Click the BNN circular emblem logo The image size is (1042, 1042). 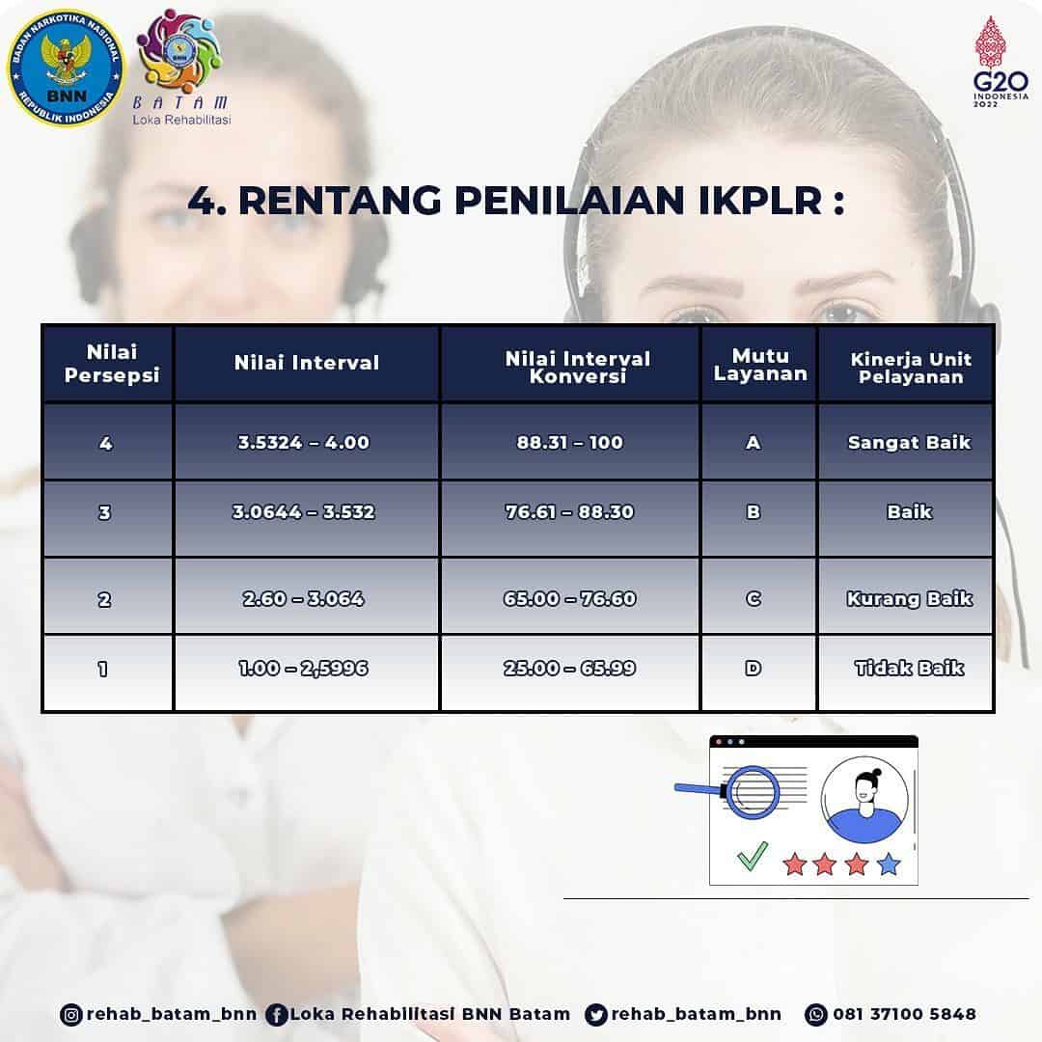click(x=66, y=68)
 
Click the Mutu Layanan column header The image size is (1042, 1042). click(x=759, y=364)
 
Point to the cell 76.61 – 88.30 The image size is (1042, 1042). click(x=570, y=511)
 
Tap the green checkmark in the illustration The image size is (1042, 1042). click(x=753, y=856)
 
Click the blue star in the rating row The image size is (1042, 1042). click(x=889, y=864)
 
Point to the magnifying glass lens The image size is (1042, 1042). click(x=752, y=791)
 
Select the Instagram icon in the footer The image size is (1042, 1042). click(x=71, y=1015)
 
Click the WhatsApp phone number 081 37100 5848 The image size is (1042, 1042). click(x=904, y=1014)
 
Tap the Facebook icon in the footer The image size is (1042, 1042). click(x=277, y=1015)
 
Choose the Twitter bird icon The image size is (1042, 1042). click(x=596, y=1015)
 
